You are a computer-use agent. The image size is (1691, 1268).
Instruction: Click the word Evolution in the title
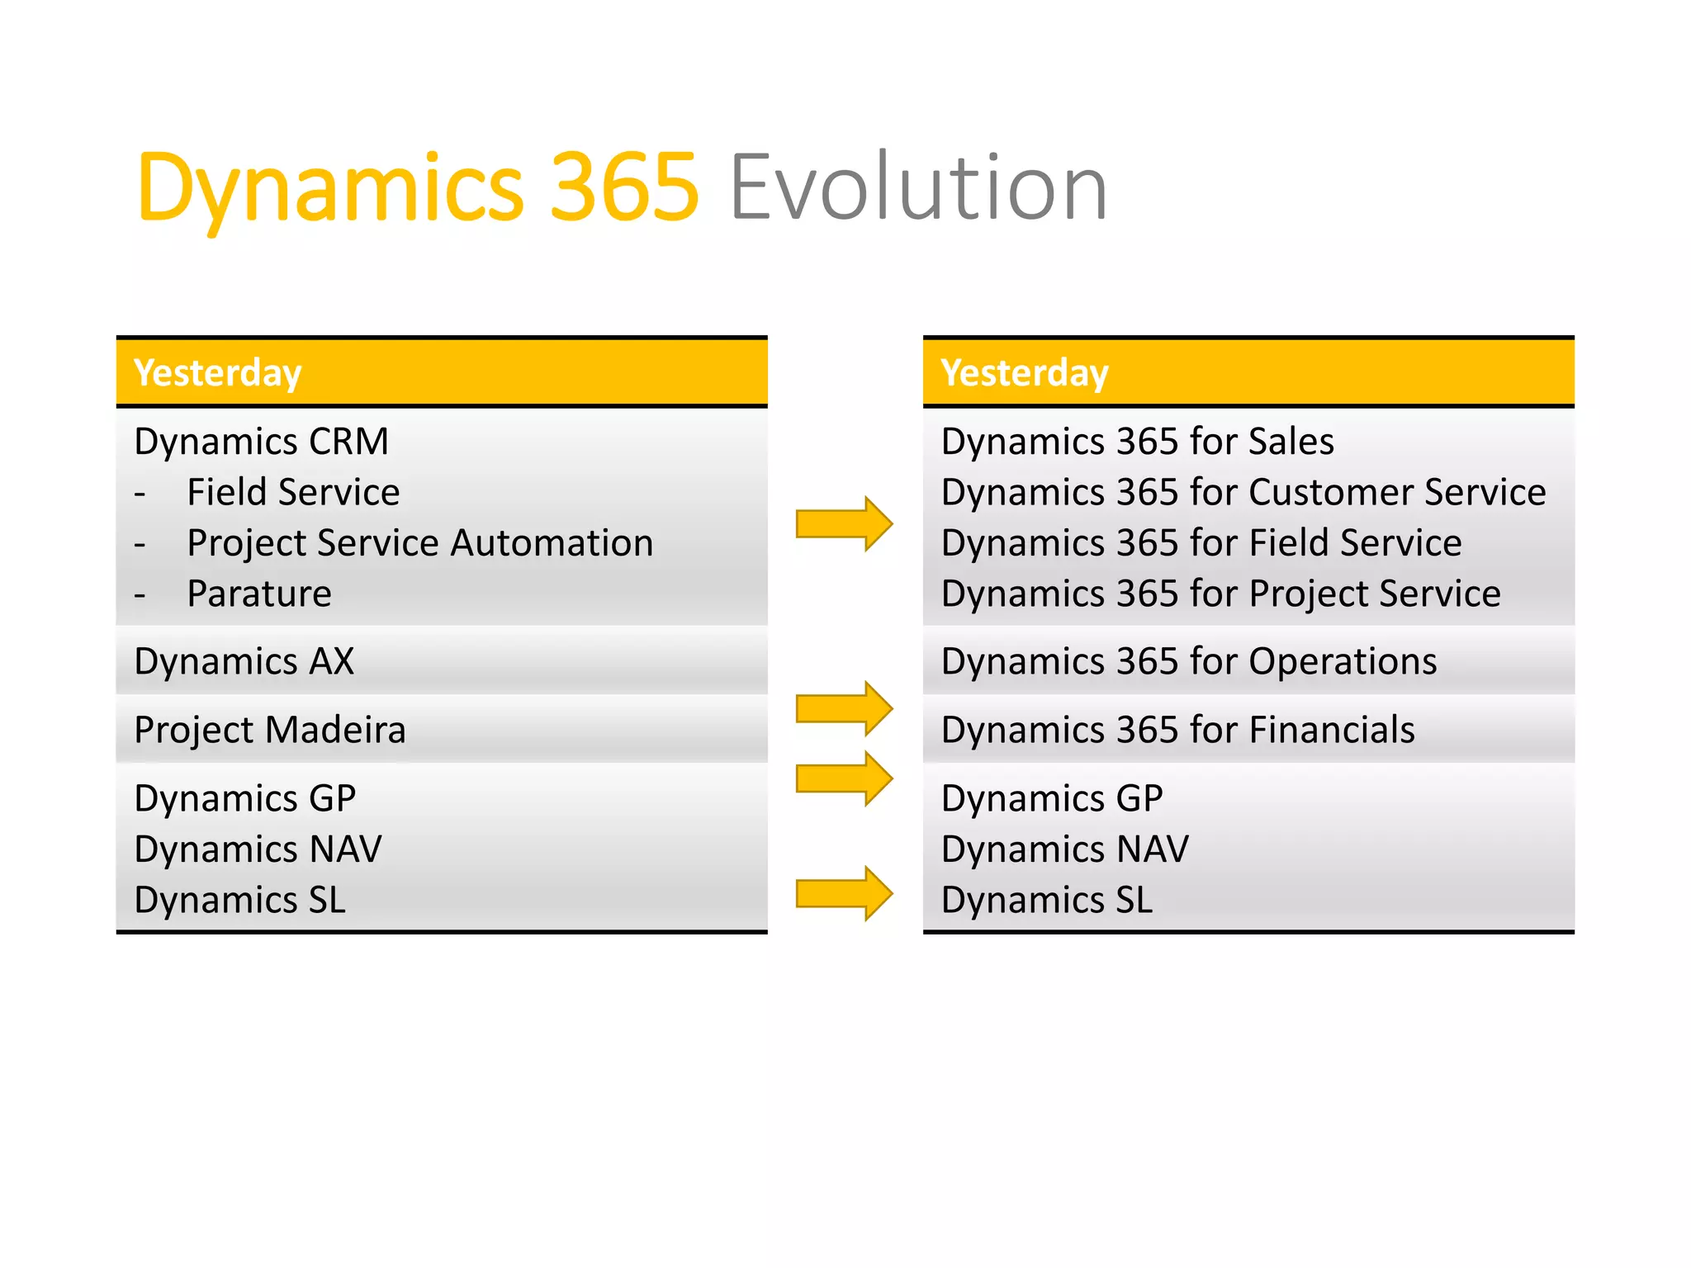(x=918, y=188)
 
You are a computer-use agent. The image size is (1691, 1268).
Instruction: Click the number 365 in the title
(x=624, y=188)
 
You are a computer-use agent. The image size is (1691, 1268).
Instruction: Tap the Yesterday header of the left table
(x=218, y=373)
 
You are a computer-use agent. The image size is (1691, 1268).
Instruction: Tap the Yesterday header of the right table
(x=1025, y=373)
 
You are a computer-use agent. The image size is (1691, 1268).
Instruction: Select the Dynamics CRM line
(x=261, y=442)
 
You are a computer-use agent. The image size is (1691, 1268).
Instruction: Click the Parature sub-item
(x=259, y=594)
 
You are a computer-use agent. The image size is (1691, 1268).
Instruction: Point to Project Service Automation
(x=419, y=543)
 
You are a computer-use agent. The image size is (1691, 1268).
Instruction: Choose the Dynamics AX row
(x=244, y=662)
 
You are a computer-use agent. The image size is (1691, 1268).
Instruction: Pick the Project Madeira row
(x=270, y=731)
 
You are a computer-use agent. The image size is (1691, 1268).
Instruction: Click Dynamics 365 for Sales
(x=1137, y=442)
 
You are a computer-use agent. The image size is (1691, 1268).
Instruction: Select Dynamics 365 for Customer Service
(x=1243, y=493)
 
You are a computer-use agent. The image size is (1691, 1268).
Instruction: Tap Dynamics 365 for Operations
(x=1189, y=662)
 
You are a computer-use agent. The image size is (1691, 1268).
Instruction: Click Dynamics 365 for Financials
(x=1177, y=731)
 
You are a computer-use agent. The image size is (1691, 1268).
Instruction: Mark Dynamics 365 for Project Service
(x=1220, y=594)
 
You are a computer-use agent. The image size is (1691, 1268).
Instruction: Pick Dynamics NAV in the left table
(x=258, y=849)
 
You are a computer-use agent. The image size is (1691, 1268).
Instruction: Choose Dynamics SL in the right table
(x=1046, y=901)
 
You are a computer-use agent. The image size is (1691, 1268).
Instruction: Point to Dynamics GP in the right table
(x=1052, y=799)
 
